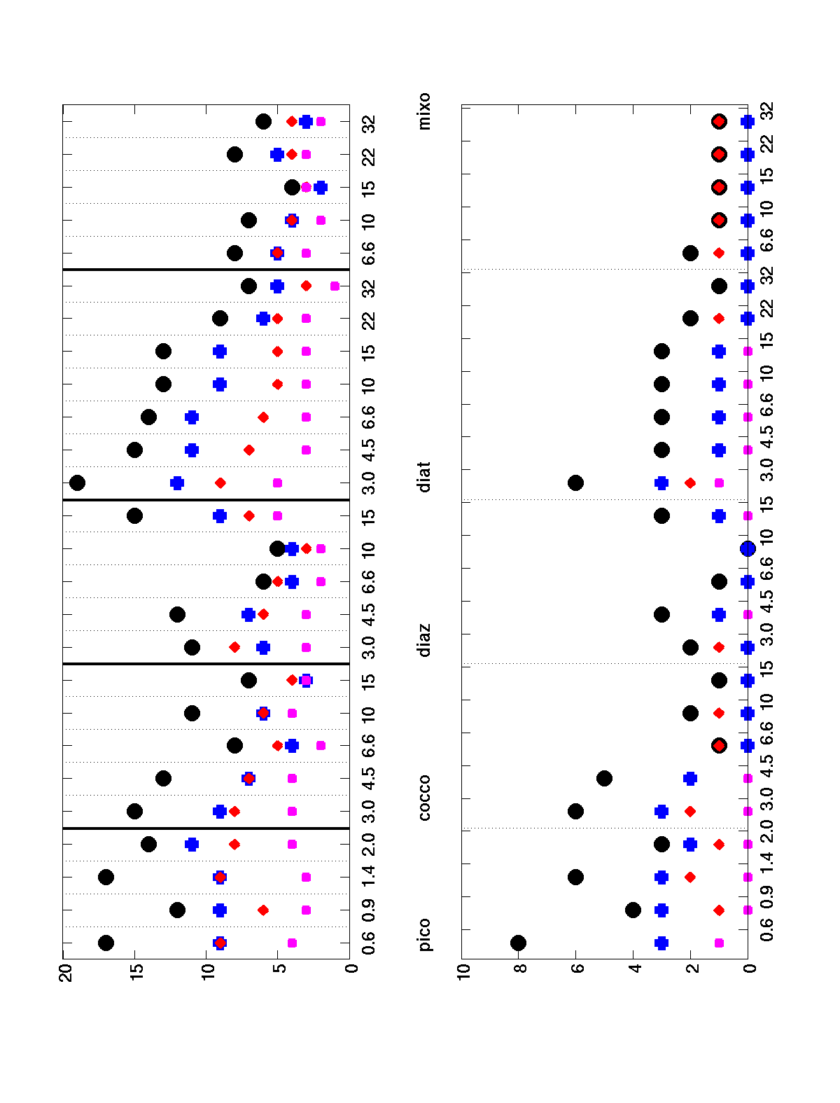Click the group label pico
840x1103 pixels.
[424, 935]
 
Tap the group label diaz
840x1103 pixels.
[424, 639]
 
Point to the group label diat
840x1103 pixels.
[424, 477]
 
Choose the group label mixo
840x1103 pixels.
[424, 111]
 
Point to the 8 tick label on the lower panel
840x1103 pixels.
[519, 974]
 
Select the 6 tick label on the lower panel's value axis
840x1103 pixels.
[576, 974]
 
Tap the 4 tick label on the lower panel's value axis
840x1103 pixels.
[633, 974]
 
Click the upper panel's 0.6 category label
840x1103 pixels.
[369, 943]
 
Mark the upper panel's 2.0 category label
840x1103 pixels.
[369, 844]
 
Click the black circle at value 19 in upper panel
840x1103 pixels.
[78, 483]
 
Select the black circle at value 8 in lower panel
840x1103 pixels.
[519, 943]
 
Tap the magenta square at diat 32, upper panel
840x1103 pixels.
[335, 286]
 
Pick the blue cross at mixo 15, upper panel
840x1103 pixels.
[321, 187]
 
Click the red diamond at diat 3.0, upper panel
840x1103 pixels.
[220, 483]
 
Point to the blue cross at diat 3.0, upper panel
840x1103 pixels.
[177, 483]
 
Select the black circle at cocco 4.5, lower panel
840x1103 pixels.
[605, 778]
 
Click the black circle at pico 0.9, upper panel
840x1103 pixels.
[177, 910]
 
